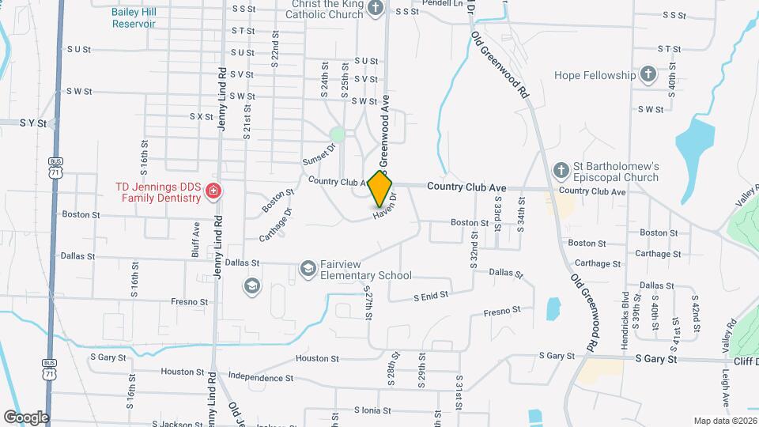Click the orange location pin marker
(x=380, y=188)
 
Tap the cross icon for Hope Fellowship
(x=648, y=75)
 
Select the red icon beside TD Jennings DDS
(x=213, y=191)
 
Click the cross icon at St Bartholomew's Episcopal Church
(x=561, y=170)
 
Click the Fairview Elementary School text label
(x=366, y=270)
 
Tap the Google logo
(x=26, y=418)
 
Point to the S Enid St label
(x=431, y=296)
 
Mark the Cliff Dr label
(x=743, y=359)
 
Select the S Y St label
(x=34, y=123)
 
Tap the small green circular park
(x=338, y=134)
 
